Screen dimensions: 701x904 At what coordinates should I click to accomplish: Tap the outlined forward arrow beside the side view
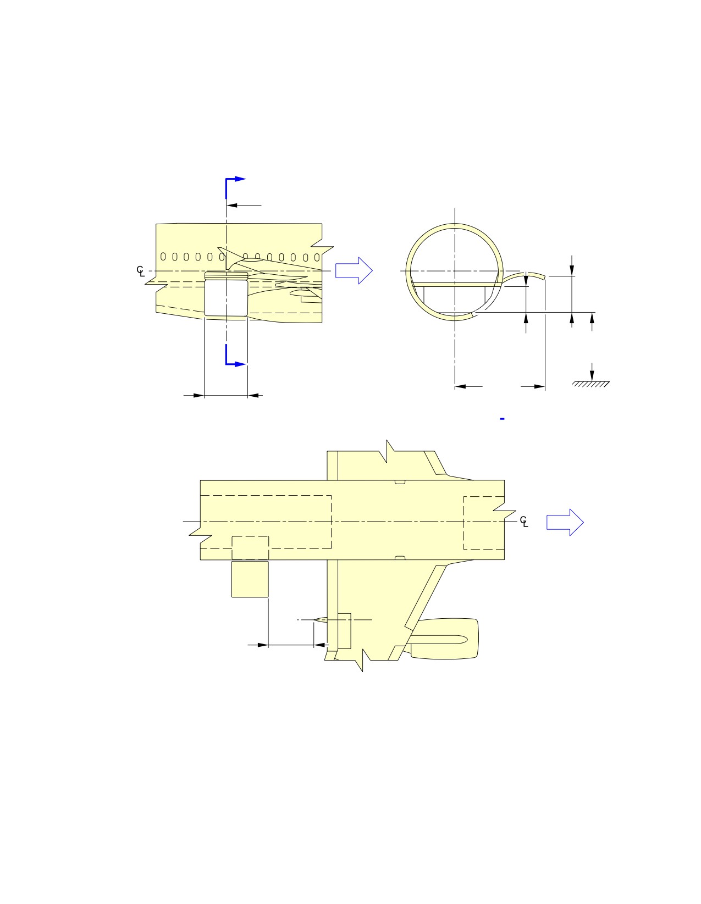[354, 270]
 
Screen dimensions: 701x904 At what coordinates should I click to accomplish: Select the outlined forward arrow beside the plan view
[565, 522]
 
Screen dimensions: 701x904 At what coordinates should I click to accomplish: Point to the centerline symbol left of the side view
[141, 271]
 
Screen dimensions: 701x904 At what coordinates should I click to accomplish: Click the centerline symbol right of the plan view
[524, 522]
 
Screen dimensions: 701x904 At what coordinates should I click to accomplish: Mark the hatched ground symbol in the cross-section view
[590, 384]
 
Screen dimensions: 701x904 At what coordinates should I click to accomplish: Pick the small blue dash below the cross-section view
[502, 419]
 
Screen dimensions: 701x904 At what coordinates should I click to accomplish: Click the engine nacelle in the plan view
[444, 639]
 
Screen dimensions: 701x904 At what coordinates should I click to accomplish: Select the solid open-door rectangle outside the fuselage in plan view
[250, 579]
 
